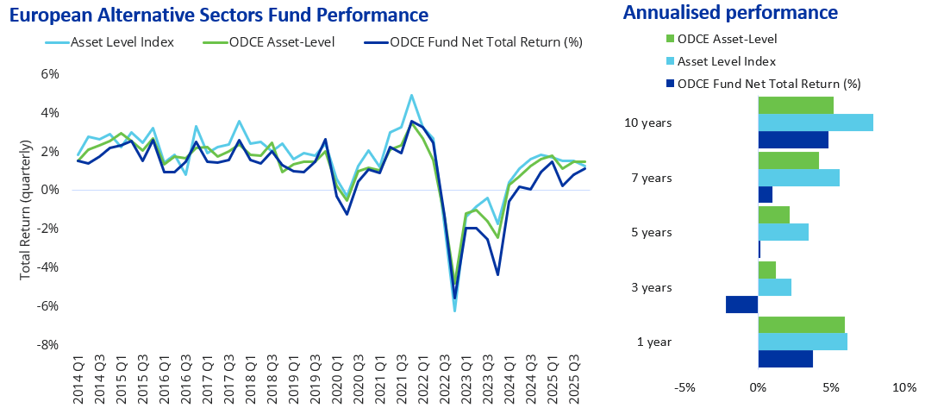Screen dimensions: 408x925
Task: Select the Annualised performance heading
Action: (730, 13)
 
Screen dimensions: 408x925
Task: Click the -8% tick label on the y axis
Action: (48, 345)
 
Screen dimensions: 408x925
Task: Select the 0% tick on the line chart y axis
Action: (50, 190)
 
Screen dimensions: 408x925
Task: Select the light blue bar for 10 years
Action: (816, 122)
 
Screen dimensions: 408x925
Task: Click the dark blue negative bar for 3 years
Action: (741, 304)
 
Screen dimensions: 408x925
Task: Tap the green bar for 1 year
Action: (801, 324)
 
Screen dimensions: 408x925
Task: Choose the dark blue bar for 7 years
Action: (766, 194)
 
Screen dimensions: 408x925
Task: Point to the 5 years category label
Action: (653, 233)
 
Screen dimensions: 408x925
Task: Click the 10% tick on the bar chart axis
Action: (903, 387)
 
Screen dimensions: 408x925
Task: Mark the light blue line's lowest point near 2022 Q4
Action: (453, 310)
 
